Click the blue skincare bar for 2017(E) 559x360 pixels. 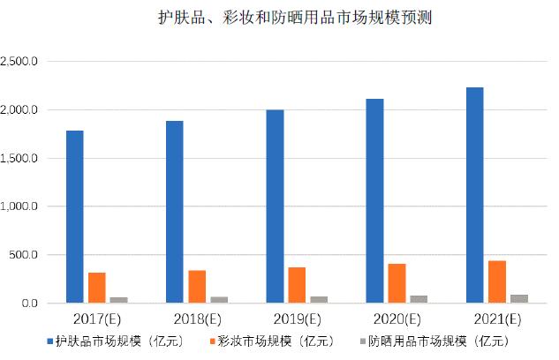click(75, 217)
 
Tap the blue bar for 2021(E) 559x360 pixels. click(474, 195)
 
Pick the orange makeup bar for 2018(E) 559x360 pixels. click(197, 287)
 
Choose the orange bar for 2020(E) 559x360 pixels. click(397, 283)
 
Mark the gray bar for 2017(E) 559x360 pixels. click(119, 300)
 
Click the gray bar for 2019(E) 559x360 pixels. click(319, 300)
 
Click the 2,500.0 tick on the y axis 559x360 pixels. click(21, 62)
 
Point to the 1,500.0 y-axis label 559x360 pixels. click(21, 159)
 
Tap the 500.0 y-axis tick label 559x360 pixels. click(26, 255)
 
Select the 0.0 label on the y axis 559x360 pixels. click(30, 304)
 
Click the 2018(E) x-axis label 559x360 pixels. click(196, 319)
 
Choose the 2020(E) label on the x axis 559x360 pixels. click(397, 319)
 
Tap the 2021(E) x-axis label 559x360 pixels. click(496, 319)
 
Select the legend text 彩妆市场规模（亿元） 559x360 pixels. click(269, 340)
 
